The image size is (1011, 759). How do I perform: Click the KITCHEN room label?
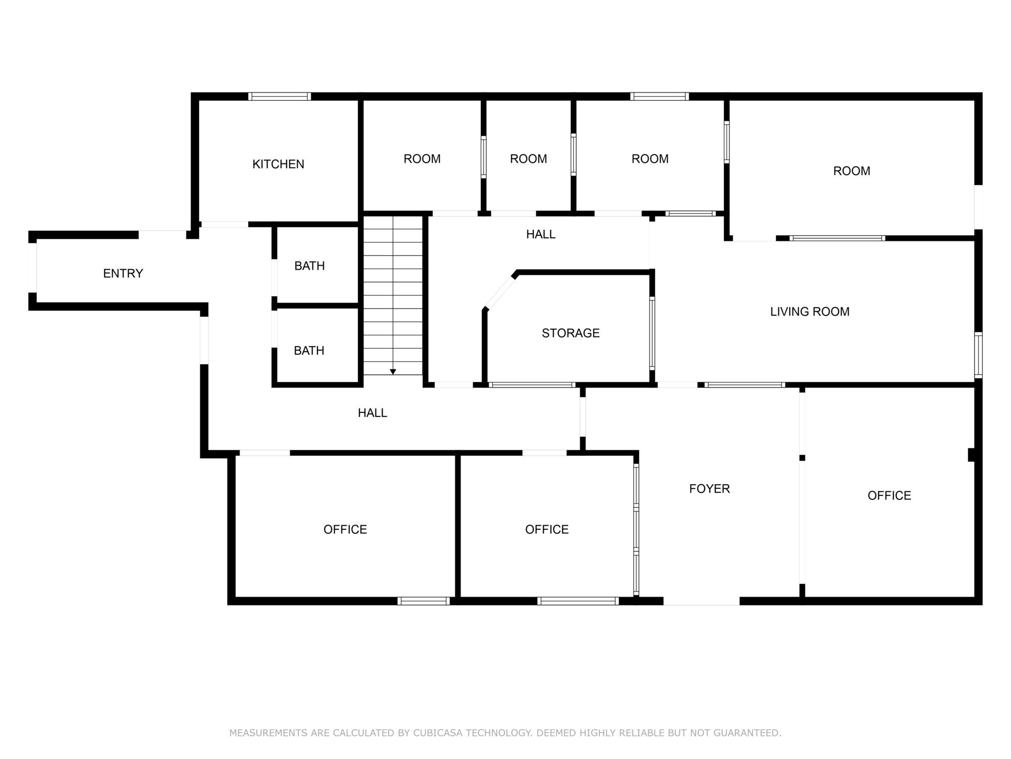pos(278,164)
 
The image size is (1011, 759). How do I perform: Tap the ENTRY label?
pos(123,273)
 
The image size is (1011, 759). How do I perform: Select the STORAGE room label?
pos(571,333)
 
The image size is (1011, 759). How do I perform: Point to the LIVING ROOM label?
pos(810,312)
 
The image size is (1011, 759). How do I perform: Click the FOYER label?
pos(709,489)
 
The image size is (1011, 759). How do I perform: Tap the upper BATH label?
pos(309,266)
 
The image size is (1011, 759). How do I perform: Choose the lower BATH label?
pos(309,351)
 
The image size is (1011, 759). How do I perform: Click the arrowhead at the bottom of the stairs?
pos(393,372)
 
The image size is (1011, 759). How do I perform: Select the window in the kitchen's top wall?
pos(280,96)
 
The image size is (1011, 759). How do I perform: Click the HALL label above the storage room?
pos(541,234)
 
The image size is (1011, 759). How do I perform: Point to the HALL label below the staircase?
pos(373,413)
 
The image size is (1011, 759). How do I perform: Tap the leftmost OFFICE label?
pos(345,529)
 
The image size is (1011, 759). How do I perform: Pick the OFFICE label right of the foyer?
pos(889,496)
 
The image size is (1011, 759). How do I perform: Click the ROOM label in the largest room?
pos(852,171)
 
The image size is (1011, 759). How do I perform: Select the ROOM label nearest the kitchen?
pos(422,159)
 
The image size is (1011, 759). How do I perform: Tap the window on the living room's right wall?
pos(979,355)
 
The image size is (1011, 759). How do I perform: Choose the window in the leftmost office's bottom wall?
pos(424,601)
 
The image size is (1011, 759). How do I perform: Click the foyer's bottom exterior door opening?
pos(702,601)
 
